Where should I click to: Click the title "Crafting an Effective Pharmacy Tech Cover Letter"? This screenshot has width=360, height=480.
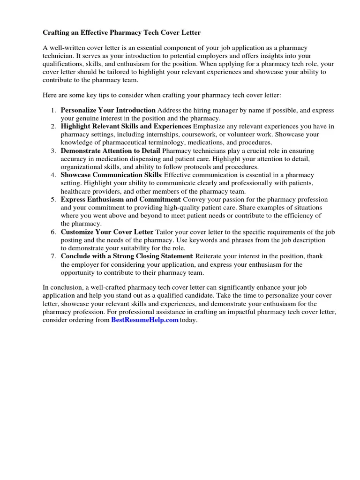pos(121,33)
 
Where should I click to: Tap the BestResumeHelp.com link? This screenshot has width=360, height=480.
pos(145,320)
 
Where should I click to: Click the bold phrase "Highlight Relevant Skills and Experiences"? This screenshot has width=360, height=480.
pos(126,127)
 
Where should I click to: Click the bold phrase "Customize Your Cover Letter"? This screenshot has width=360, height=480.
pos(107,232)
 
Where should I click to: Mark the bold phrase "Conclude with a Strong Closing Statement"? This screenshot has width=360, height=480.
pos(127,256)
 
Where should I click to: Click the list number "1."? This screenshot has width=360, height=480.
pos(53,110)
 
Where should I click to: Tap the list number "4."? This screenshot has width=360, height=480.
pos(53,175)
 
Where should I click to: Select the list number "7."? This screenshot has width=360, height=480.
pos(53,256)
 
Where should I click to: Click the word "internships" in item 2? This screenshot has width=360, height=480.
pos(141,135)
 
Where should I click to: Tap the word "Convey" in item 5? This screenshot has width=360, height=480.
pos(193,200)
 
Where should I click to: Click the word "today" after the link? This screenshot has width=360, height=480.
pos(188,320)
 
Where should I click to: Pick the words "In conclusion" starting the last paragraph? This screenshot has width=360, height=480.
pos(62,287)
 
